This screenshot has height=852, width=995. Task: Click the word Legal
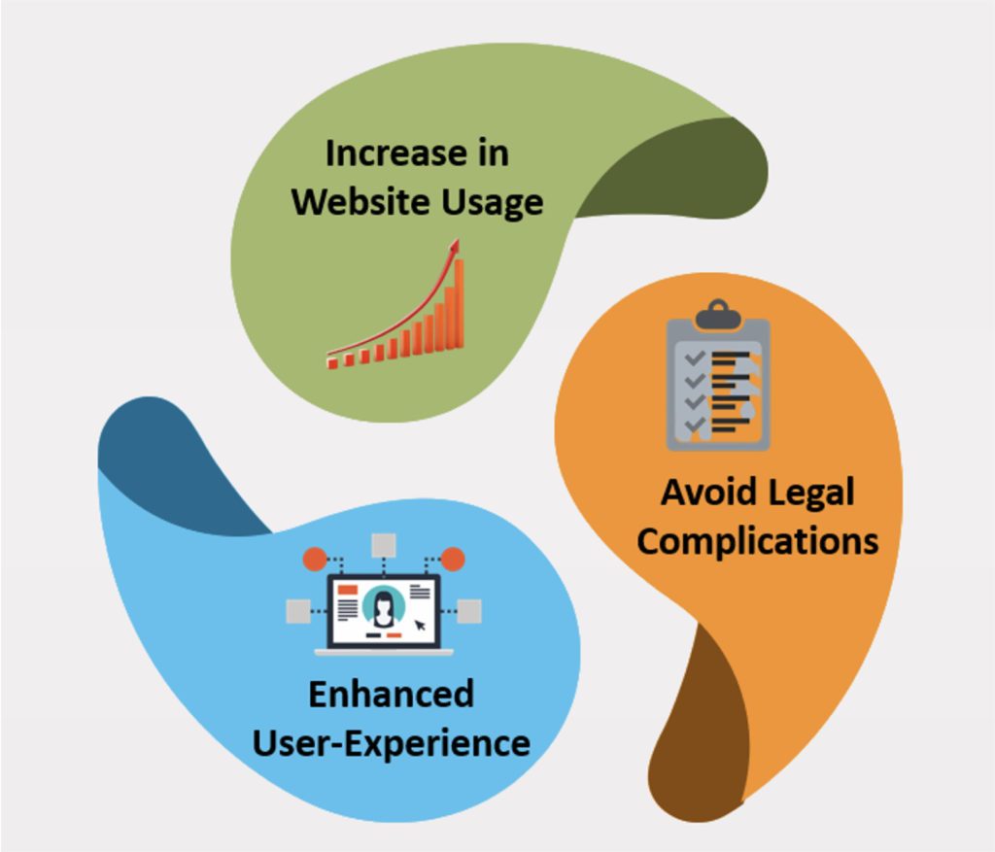point(806,493)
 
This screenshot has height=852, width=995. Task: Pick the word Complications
point(757,540)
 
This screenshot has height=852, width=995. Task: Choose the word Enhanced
point(391,694)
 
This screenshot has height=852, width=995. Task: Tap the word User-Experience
point(391,743)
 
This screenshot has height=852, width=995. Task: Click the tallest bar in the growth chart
point(459,303)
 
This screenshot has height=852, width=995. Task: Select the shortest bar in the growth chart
point(333,362)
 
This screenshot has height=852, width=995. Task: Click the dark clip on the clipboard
point(718,314)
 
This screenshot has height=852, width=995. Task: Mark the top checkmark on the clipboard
point(694,358)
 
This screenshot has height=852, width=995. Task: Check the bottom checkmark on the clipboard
point(694,426)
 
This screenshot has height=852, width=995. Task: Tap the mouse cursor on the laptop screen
point(420,626)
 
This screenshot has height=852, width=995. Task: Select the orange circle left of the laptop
point(314,559)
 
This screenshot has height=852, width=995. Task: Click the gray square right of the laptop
point(469,610)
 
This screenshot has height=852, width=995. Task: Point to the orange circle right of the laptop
point(453,559)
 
